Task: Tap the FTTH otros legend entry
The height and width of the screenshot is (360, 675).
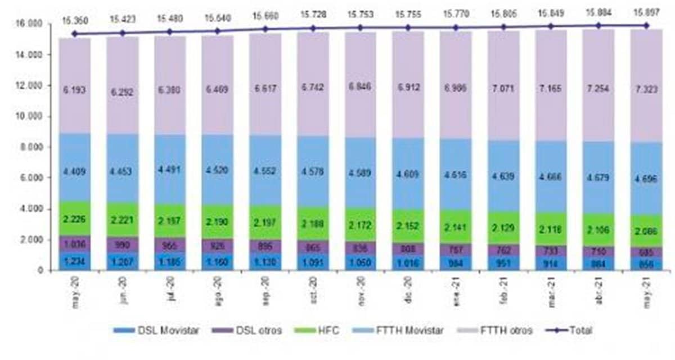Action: (498, 331)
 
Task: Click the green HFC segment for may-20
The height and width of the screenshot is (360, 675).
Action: (75, 218)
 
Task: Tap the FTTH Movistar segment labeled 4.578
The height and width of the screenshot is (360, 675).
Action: (313, 172)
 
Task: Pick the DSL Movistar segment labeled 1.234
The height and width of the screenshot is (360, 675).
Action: (75, 261)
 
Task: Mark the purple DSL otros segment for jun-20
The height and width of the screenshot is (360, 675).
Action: (122, 245)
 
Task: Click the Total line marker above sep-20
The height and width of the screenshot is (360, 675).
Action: (265, 29)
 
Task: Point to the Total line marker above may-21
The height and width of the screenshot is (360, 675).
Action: (646, 25)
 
